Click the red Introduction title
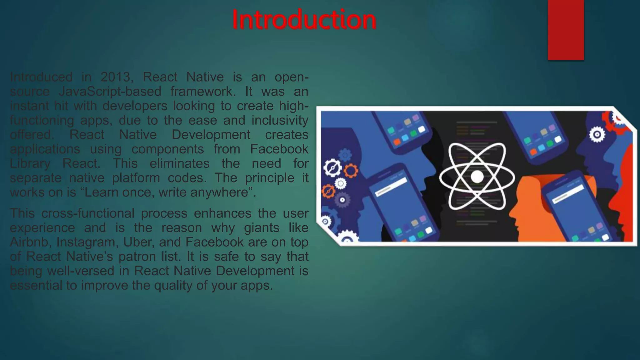tap(304, 20)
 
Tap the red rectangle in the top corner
tap(566, 30)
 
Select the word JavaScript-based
tap(110, 91)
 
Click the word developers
tap(135, 106)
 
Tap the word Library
tap(30, 163)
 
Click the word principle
tap(269, 178)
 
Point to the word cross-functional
tap(88, 213)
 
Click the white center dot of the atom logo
tap(477, 177)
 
